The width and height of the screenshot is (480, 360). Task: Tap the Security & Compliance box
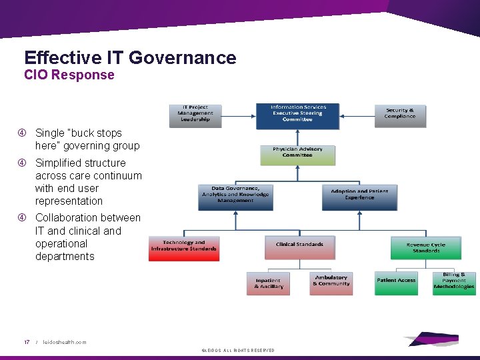[400, 113]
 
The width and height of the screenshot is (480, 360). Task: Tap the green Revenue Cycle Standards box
[426, 247]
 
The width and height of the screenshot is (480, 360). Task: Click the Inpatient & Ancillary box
[268, 283]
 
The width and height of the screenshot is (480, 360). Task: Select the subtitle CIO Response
[69, 75]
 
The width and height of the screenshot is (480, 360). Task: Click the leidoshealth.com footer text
[64, 342]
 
